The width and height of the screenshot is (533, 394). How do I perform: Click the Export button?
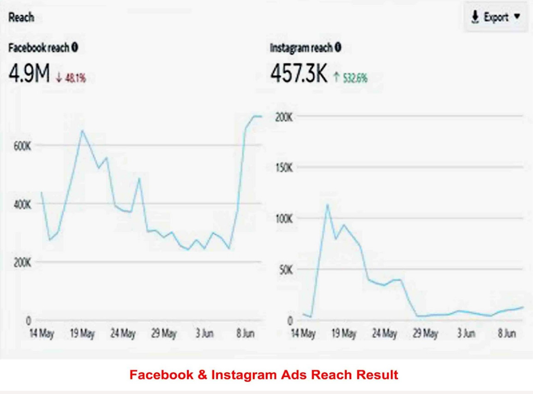(x=496, y=18)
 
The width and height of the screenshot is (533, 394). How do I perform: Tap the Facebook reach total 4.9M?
(x=29, y=74)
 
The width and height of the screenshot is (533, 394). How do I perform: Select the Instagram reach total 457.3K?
(x=299, y=74)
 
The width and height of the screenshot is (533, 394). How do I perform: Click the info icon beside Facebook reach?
(x=75, y=47)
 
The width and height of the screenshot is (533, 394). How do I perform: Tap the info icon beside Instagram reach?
(x=338, y=47)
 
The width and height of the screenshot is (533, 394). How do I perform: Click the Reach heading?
(x=21, y=18)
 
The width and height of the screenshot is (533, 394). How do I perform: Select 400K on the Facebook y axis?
(x=22, y=204)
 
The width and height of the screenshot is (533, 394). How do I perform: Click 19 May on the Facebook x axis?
(x=82, y=334)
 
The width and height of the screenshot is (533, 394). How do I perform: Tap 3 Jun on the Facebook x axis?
(x=204, y=334)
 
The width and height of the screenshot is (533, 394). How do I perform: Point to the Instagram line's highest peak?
(x=327, y=205)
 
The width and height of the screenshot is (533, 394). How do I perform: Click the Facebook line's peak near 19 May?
(x=82, y=131)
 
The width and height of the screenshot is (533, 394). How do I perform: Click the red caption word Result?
(x=377, y=375)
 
